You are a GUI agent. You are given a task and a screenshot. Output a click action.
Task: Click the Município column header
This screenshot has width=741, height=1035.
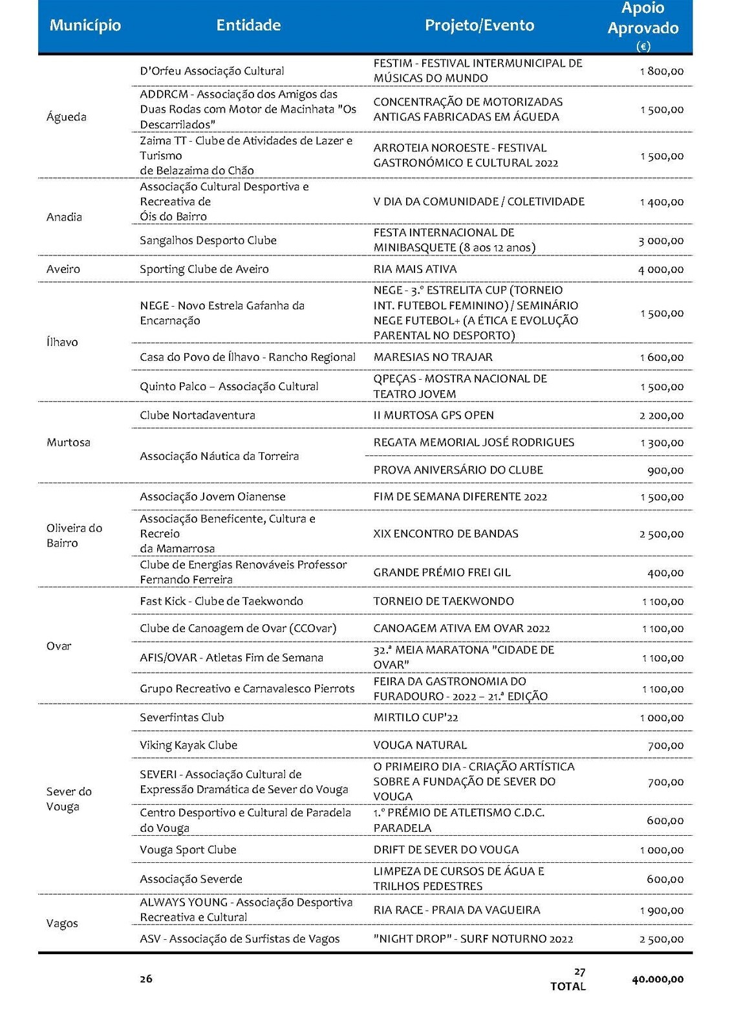[x=85, y=25]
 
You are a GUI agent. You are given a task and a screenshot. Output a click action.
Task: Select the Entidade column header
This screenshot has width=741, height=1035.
[x=248, y=25]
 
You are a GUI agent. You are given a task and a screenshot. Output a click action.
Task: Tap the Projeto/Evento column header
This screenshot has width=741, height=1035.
[x=479, y=25]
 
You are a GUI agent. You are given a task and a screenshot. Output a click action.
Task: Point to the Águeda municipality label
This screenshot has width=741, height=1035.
[x=66, y=117]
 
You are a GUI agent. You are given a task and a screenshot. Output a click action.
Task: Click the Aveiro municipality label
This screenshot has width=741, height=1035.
[x=63, y=269]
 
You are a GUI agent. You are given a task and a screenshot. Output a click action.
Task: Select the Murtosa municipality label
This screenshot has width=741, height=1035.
[x=69, y=442]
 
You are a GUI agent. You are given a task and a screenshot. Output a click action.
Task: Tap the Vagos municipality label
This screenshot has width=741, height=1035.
[x=62, y=923]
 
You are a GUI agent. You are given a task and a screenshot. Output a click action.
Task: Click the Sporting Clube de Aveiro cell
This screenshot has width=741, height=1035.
[x=204, y=269]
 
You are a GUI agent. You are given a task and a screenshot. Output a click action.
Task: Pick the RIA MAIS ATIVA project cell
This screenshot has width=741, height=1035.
[x=415, y=269]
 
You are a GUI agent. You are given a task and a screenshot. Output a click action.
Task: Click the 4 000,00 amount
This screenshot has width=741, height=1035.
[x=661, y=270]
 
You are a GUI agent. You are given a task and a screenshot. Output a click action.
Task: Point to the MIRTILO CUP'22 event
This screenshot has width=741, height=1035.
[x=416, y=717]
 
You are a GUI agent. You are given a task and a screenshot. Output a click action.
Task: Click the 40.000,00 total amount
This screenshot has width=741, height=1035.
[x=658, y=979]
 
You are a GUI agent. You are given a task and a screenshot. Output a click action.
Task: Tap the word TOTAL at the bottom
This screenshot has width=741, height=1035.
[x=568, y=986]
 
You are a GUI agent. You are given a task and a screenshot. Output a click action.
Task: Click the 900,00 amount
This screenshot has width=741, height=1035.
[x=665, y=471]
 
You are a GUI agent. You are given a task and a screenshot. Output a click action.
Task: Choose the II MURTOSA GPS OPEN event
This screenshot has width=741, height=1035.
[x=433, y=415]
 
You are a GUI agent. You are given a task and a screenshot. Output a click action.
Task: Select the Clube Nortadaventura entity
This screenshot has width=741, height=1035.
[x=197, y=415]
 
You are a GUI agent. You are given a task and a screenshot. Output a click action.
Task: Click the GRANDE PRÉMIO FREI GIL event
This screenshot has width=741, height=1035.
[x=442, y=572]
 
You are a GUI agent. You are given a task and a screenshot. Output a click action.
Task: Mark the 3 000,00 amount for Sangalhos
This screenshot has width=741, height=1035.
[x=661, y=241]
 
